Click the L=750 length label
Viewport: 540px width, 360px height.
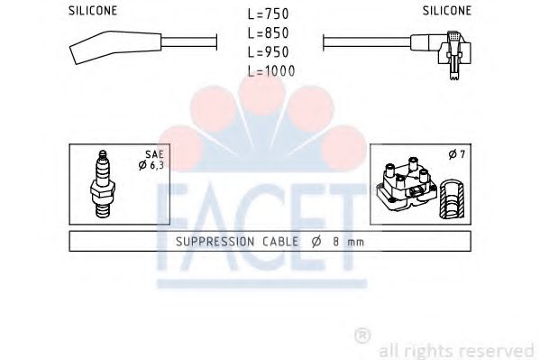click(270, 16)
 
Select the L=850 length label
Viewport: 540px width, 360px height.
click(270, 34)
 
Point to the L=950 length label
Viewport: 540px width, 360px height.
click(270, 52)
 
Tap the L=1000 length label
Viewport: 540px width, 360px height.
click(271, 70)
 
